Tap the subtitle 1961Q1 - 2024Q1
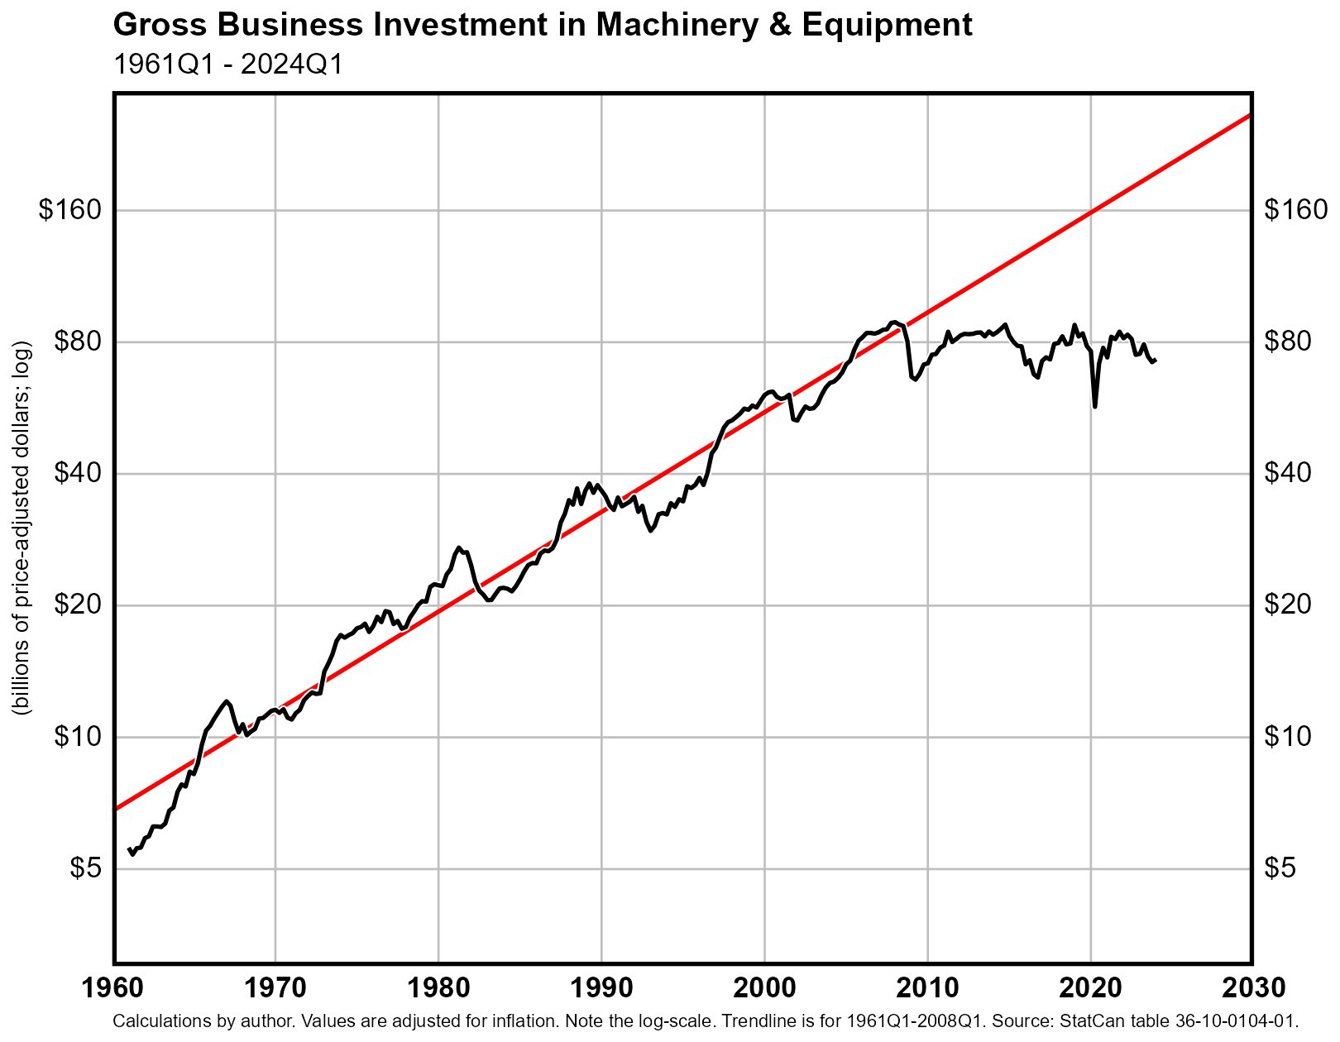click(227, 64)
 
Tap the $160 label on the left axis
click(70, 210)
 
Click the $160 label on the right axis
click(1295, 210)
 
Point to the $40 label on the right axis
click(1288, 473)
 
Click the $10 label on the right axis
click(1288, 736)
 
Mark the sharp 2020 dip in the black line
click(1095, 406)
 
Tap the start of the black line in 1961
click(129, 849)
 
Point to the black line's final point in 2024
click(1156, 360)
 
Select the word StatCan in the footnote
click(1085, 1021)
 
